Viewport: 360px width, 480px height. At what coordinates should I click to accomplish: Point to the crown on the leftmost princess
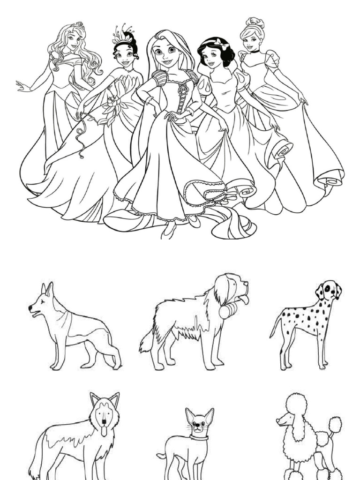tap(79, 25)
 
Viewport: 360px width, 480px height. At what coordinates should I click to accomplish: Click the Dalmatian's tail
tap(276, 326)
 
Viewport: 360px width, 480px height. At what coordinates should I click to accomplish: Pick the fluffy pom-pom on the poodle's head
tap(297, 404)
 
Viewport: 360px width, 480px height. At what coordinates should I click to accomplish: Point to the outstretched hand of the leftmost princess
tap(21, 86)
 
